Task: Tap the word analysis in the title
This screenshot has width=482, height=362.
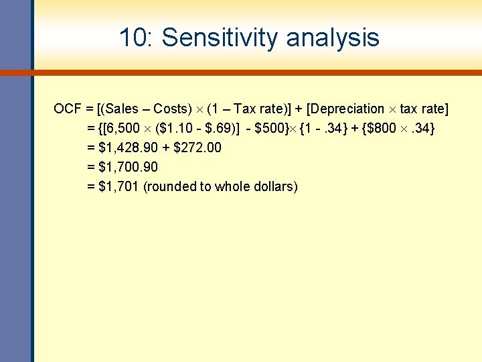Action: tap(333, 38)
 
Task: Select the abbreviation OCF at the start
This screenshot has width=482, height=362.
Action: tap(67, 109)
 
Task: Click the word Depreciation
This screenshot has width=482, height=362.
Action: tap(347, 109)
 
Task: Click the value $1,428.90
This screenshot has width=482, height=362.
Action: tap(128, 147)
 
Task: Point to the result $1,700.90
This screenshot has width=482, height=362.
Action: tap(128, 167)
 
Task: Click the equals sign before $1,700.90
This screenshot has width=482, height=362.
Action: tap(91, 167)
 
